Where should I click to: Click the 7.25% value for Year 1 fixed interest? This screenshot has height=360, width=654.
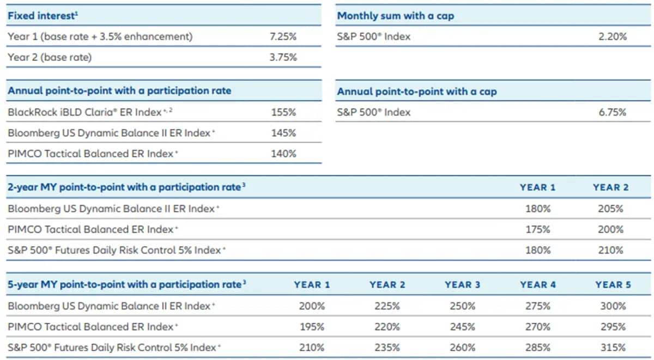[283, 36]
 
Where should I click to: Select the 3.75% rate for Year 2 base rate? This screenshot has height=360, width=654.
[283, 57]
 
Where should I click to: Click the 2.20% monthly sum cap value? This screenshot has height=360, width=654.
[613, 36]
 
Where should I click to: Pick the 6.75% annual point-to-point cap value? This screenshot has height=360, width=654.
[613, 112]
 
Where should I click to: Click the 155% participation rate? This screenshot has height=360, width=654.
[283, 112]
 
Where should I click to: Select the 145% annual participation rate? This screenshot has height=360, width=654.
[283, 133]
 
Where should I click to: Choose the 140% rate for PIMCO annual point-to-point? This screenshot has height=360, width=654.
[283, 154]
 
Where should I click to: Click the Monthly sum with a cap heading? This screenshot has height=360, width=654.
[395, 16]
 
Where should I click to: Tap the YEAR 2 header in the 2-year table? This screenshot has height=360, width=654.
[610, 187]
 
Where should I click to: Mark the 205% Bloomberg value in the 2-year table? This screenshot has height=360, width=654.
[610, 209]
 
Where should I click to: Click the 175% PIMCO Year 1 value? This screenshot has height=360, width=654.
[537, 229]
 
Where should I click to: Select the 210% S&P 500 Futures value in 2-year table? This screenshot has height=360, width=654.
[610, 250]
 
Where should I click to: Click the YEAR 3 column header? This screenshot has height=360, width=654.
[462, 285]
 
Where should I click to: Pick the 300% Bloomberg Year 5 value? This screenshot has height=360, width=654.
[613, 306]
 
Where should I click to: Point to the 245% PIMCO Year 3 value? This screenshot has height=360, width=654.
[462, 327]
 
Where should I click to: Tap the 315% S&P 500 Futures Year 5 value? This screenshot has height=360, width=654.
[613, 347]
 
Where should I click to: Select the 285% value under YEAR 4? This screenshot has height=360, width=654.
[537, 347]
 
